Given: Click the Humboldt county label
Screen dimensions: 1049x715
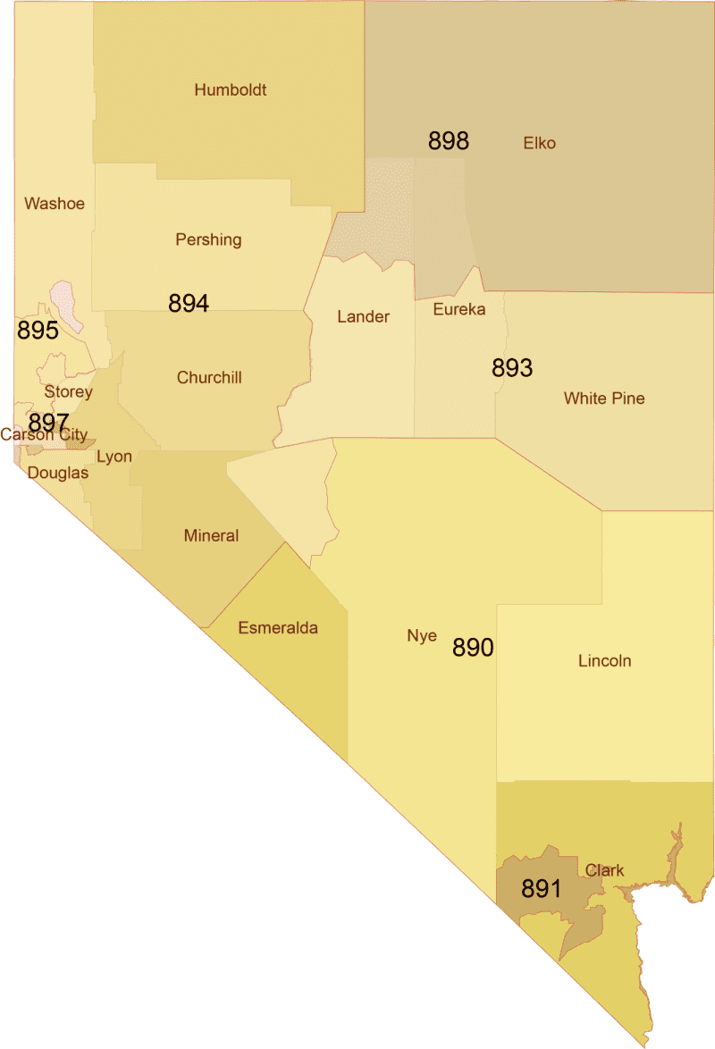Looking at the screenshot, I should pos(231,89).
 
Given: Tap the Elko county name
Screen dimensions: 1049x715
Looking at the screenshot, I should pos(539,143).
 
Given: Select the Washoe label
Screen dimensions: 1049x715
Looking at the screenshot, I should pos(55,204).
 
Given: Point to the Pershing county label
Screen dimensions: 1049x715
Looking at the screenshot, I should pos(208,239).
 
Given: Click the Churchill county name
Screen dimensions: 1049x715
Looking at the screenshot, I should pos(209,377).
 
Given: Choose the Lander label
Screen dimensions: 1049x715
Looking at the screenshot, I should pos(363,316).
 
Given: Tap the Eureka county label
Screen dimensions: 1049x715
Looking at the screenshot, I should pos(458,309).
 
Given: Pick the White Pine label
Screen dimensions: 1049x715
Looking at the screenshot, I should pos(604,399).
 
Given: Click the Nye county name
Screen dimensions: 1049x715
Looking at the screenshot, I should pos(422,636).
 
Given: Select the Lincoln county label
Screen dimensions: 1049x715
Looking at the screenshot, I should pos(604,661).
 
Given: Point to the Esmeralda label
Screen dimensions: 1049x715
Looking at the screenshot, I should pos(278,628).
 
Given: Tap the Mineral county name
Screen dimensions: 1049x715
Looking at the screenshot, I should pos(211,536).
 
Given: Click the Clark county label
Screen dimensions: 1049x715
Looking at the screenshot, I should pos(605,870).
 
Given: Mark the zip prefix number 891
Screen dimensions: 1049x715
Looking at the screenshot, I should pos(542,889).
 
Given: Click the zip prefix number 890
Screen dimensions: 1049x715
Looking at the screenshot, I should pos(473,648).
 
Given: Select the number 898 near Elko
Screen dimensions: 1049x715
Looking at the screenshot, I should pos(449,141).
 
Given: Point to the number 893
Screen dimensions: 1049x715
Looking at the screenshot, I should pos(512,368).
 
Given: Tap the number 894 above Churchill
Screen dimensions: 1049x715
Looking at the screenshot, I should pos(189,304).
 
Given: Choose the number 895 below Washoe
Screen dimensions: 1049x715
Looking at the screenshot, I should pos(38,331).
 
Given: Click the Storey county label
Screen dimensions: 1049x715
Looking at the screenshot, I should pos(69,392).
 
